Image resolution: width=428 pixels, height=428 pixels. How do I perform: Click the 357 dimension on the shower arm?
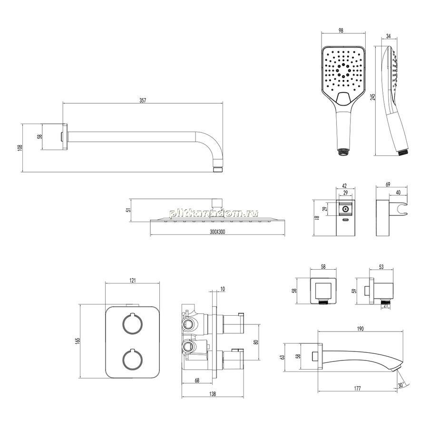pyautogui.click(x=143, y=100)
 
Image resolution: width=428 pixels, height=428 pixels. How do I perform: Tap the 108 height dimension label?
pyautogui.click(x=19, y=148)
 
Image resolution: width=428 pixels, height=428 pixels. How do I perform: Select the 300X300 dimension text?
pyautogui.click(x=217, y=232)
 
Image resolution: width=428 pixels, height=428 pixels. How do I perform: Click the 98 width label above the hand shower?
pyautogui.click(x=340, y=30)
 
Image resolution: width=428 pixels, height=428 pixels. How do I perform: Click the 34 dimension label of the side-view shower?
pyautogui.click(x=389, y=36)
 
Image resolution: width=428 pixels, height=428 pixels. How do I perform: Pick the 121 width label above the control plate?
pyautogui.click(x=132, y=280)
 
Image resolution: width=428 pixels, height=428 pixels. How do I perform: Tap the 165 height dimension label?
pyautogui.click(x=78, y=340)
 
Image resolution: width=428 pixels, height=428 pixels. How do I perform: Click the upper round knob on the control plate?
pyautogui.click(x=132, y=324)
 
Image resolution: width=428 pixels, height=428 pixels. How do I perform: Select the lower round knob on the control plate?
pyautogui.click(x=132, y=360)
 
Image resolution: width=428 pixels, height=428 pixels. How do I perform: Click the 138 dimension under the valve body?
pyautogui.click(x=213, y=394)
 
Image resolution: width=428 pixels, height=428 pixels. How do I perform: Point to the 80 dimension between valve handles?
pyautogui.click(x=256, y=342)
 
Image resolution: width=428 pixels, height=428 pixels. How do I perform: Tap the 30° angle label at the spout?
pyautogui.click(x=401, y=385)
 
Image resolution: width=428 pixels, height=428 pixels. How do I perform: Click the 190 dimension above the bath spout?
pyautogui.click(x=360, y=329)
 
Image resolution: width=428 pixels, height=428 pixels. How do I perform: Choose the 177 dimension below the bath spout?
pyautogui.click(x=357, y=389)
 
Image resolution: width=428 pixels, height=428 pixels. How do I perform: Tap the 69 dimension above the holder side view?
pyautogui.click(x=388, y=185)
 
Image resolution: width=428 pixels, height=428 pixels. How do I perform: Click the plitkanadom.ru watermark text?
pyautogui.click(x=214, y=214)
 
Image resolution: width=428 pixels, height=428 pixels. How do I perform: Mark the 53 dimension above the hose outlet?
pyautogui.click(x=381, y=267)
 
